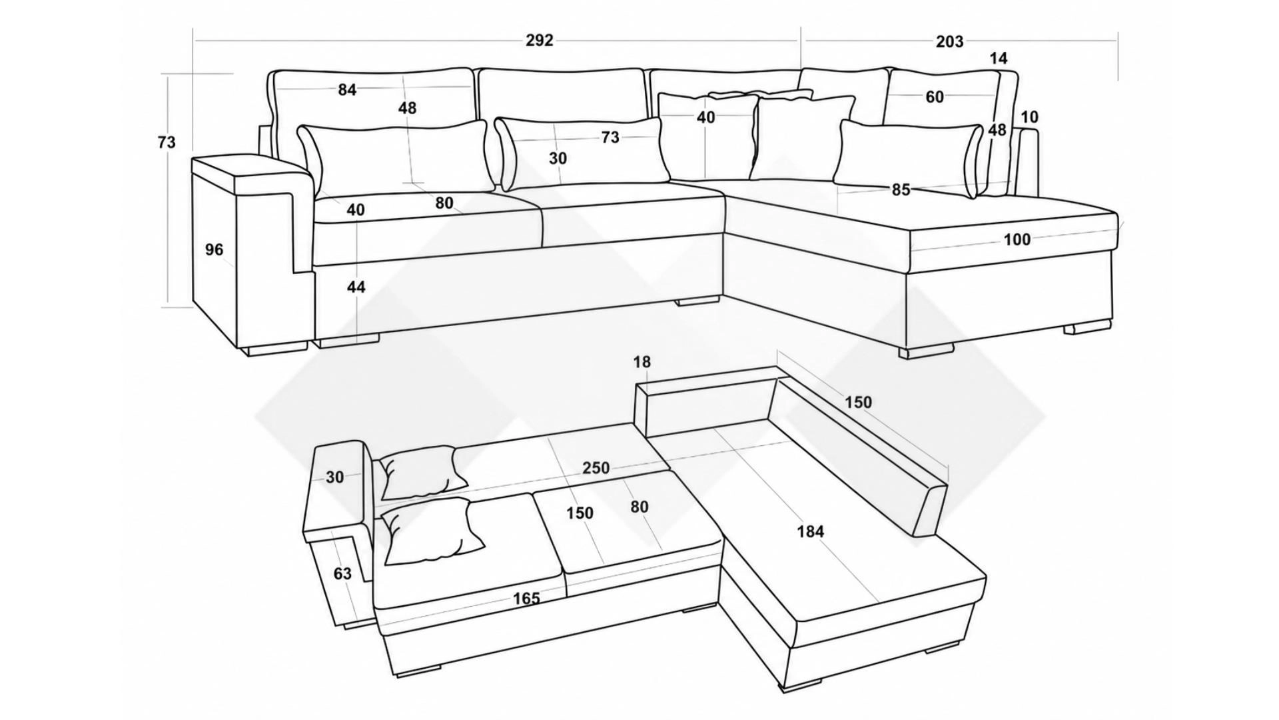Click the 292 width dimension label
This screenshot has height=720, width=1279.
click(x=539, y=41)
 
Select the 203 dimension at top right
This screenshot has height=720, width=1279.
click(x=949, y=41)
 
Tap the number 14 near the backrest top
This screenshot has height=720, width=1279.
click(x=999, y=59)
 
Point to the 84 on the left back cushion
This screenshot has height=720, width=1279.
click(x=347, y=89)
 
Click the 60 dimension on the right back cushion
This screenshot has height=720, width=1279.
click(x=935, y=97)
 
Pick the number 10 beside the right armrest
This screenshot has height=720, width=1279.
click(x=1029, y=117)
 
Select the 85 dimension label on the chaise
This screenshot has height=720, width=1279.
click(x=901, y=190)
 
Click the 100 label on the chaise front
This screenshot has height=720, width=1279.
click(x=1017, y=239)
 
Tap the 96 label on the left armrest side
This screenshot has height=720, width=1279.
click(x=214, y=250)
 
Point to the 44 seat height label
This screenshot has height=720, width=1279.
click(x=356, y=287)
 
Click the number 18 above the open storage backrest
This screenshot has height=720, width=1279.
click(x=641, y=362)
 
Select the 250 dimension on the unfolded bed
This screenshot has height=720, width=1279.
click(x=596, y=468)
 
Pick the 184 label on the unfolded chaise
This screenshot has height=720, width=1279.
click(x=810, y=531)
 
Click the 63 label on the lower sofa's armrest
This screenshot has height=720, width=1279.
click(x=342, y=573)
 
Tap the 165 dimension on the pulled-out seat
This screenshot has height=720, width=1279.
click(x=526, y=598)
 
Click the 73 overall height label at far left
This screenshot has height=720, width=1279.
click(x=167, y=143)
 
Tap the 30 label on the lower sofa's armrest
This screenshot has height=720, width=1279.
click(x=335, y=477)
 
